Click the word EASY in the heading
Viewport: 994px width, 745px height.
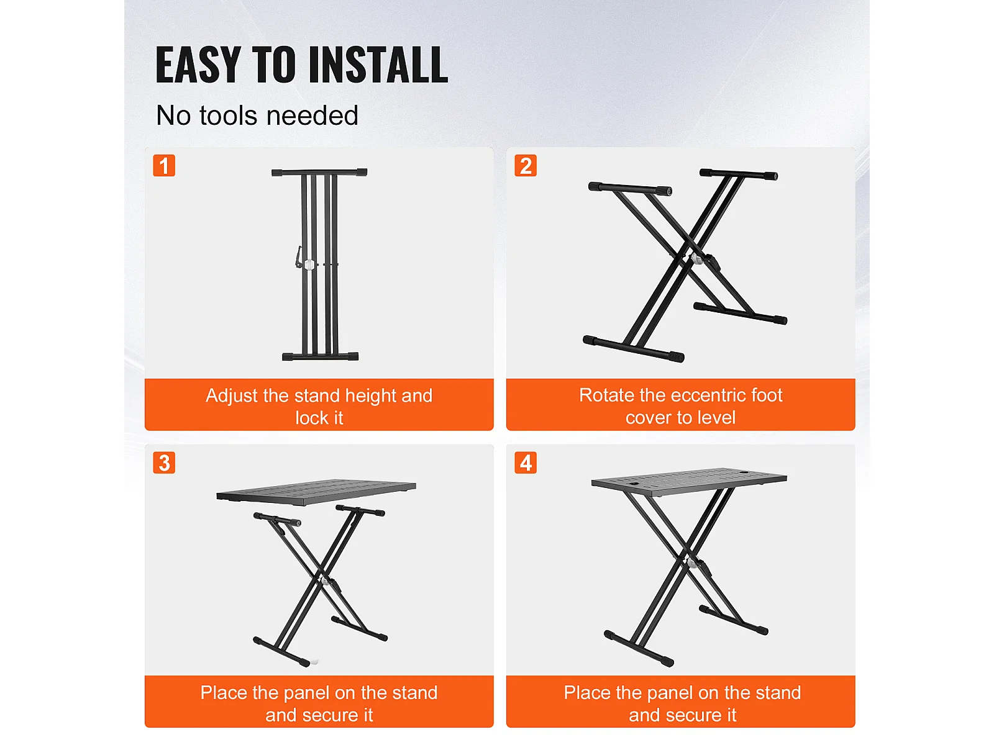point(198,65)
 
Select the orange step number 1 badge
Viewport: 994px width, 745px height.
point(164,166)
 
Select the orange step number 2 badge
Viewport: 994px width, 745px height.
point(526,166)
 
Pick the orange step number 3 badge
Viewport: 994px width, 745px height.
point(164,463)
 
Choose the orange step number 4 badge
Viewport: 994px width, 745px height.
point(526,463)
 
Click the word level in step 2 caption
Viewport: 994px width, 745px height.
point(716,417)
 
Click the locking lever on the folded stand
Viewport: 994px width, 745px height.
point(298,257)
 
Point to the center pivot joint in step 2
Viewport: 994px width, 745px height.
point(696,260)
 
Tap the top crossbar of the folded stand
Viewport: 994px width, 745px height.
point(319,173)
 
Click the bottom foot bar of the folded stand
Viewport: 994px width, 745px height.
point(320,357)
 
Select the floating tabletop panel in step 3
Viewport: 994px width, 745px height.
point(316,492)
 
